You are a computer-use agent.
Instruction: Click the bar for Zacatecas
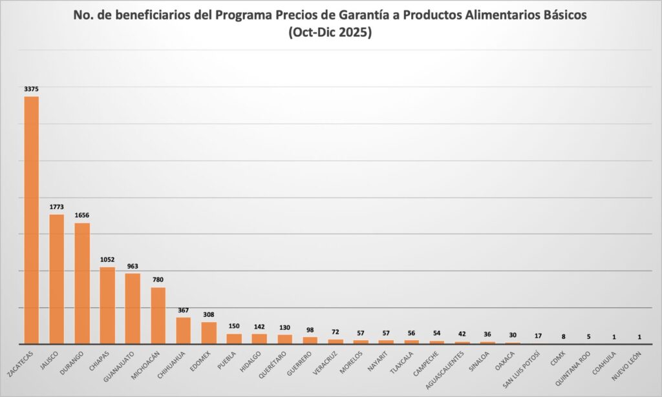point(32,219)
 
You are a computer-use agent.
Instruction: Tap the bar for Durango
point(82,283)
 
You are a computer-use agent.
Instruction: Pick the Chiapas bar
point(107,305)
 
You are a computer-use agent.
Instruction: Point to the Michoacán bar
point(158,315)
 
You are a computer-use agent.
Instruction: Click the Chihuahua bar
point(184,330)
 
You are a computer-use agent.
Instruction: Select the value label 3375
point(32,89)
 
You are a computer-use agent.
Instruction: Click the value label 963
point(133,266)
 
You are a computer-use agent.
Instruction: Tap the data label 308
point(209,314)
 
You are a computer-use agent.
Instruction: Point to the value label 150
point(234,327)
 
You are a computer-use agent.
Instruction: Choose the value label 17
point(539,336)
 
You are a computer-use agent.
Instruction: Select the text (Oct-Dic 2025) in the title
point(330,34)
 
